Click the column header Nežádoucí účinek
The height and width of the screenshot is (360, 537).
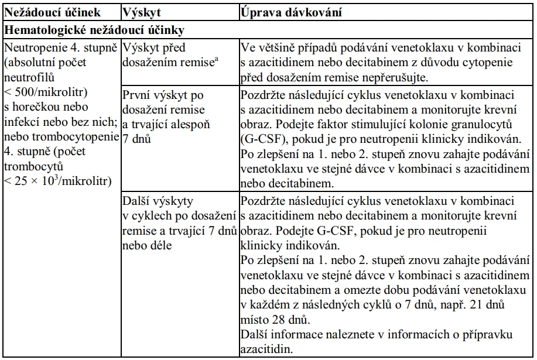click(52, 12)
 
